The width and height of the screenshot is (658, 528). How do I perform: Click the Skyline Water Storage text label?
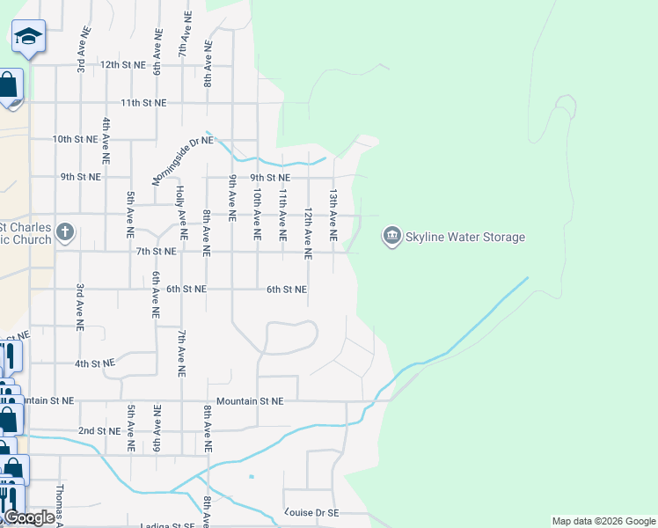[x=464, y=237]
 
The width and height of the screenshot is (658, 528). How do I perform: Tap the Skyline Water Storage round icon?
[x=391, y=236]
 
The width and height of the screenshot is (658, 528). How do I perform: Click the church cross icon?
[x=64, y=233]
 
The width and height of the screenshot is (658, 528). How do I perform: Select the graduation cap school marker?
[x=28, y=36]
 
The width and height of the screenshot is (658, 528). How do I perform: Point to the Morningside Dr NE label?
[x=182, y=160]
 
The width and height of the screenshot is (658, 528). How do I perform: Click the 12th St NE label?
[x=121, y=64]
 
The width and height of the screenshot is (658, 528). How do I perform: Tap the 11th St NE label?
[x=143, y=102]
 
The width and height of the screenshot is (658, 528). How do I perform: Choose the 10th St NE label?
[x=74, y=139]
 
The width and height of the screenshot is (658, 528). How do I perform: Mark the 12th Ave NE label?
[x=308, y=234]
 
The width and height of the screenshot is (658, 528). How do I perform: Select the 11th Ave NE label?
[x=282, y=214]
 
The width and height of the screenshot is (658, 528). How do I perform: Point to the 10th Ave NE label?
[x=257, y=214]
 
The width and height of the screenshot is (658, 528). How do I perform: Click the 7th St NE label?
[x=156, y=252]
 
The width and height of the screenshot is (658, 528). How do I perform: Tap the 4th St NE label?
[x=94, y=363]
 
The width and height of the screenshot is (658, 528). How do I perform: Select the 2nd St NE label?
[x=99, y=430]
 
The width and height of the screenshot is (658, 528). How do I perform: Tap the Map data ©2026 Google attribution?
[x=603, y=521]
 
